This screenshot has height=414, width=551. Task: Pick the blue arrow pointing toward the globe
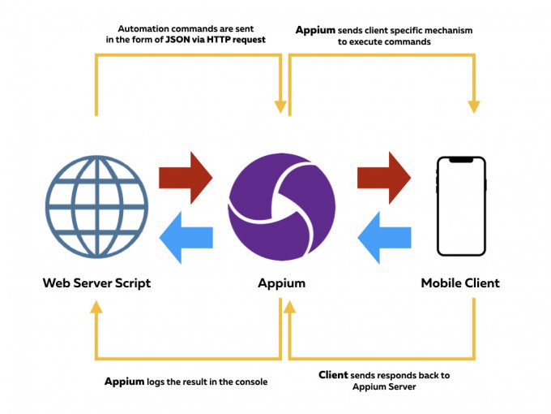pos(186,236)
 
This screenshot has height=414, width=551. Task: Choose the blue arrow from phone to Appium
pos(384,236)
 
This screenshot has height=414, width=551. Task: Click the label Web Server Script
pos(96,283)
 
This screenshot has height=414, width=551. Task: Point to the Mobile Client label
pos(460,283)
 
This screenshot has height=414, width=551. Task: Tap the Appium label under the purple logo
pos(280,283)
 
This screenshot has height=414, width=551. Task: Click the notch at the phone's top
pos(460,159)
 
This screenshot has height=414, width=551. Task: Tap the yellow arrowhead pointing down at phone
pos(474,106)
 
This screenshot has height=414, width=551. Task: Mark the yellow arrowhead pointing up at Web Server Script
pos(96,306)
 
